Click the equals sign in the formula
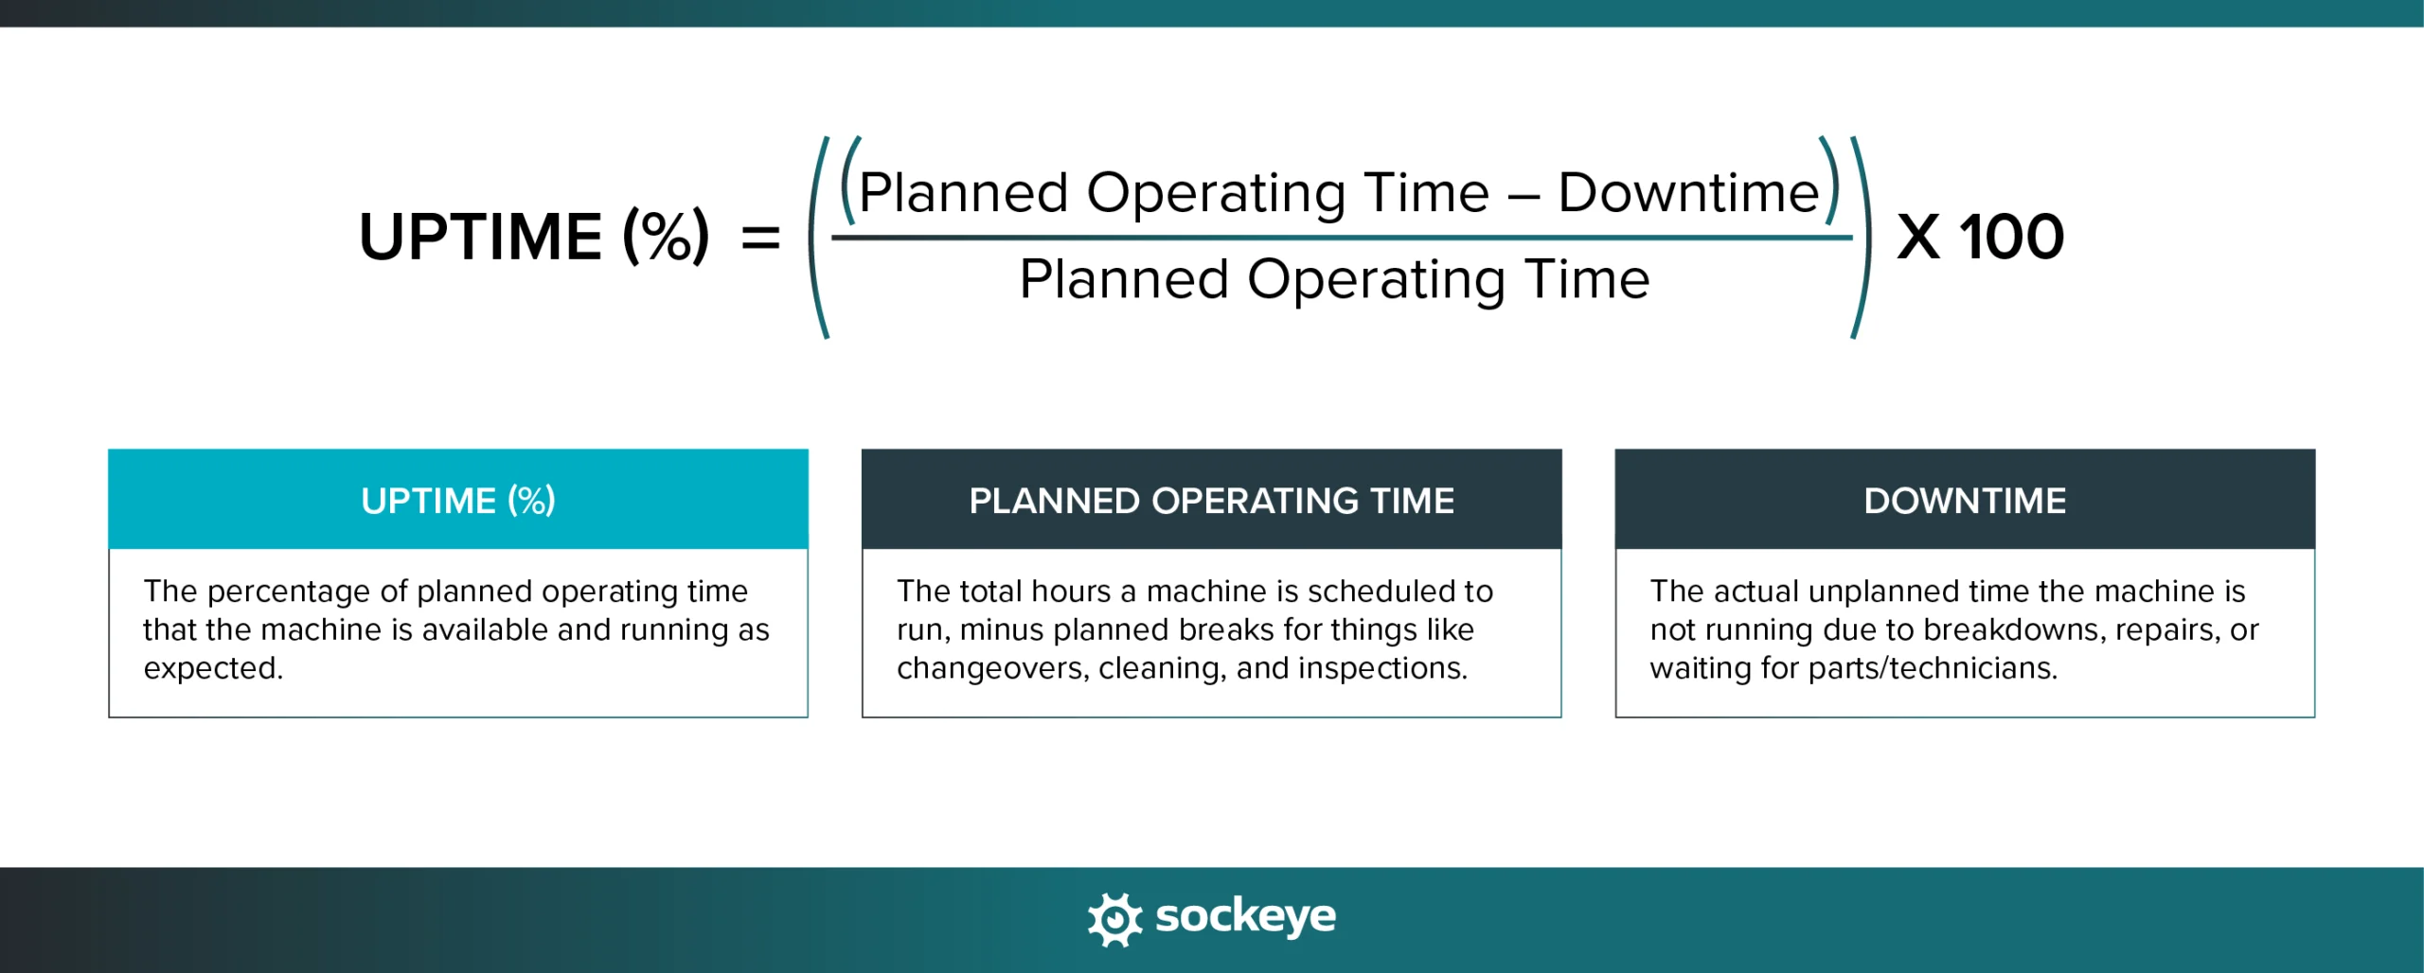point(760,238)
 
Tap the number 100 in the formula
point(2011,237)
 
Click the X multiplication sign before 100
point(1918,238)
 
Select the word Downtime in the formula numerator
point(1688,193)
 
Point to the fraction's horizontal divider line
point(1341,238)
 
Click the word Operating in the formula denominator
point(1376,280)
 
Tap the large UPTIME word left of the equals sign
point(480,237)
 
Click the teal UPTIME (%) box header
point(458,500)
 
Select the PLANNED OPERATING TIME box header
point(1211,500)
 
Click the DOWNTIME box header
point(1965,500)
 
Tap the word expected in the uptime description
point(212,668)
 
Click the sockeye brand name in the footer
point(1245,916)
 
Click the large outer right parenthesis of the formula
point(1862,238)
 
